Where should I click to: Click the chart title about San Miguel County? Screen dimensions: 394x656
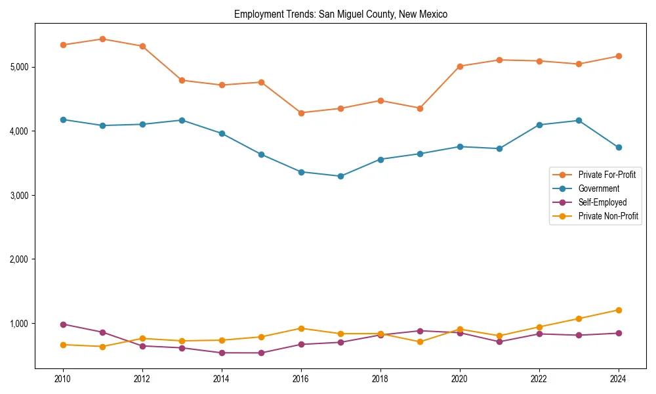(x=340, y=14)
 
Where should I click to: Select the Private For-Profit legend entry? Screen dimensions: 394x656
(x=602, y=175)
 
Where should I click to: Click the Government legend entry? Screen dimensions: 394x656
(x=598, y=188)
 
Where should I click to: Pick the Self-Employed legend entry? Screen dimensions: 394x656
(x=602, y=202)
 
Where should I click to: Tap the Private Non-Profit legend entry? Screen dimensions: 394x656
(x=608, y=216)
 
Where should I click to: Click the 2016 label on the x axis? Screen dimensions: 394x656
(x=300, y=379)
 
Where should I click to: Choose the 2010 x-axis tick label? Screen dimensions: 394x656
(x=63, y=379)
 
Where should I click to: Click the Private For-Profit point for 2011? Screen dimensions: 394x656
(x=102, y=39)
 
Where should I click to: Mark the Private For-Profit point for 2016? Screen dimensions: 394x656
(x=301, y=113)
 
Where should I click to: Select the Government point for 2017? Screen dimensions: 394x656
(x=340, y=176)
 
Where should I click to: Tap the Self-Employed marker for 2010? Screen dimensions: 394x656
(x=63, y=324)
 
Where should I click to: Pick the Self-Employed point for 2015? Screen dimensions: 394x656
(x=261, y=353)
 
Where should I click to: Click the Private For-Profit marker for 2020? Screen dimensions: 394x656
(x=460, y=66)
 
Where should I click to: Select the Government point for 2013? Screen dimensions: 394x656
(x=182, y=120)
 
